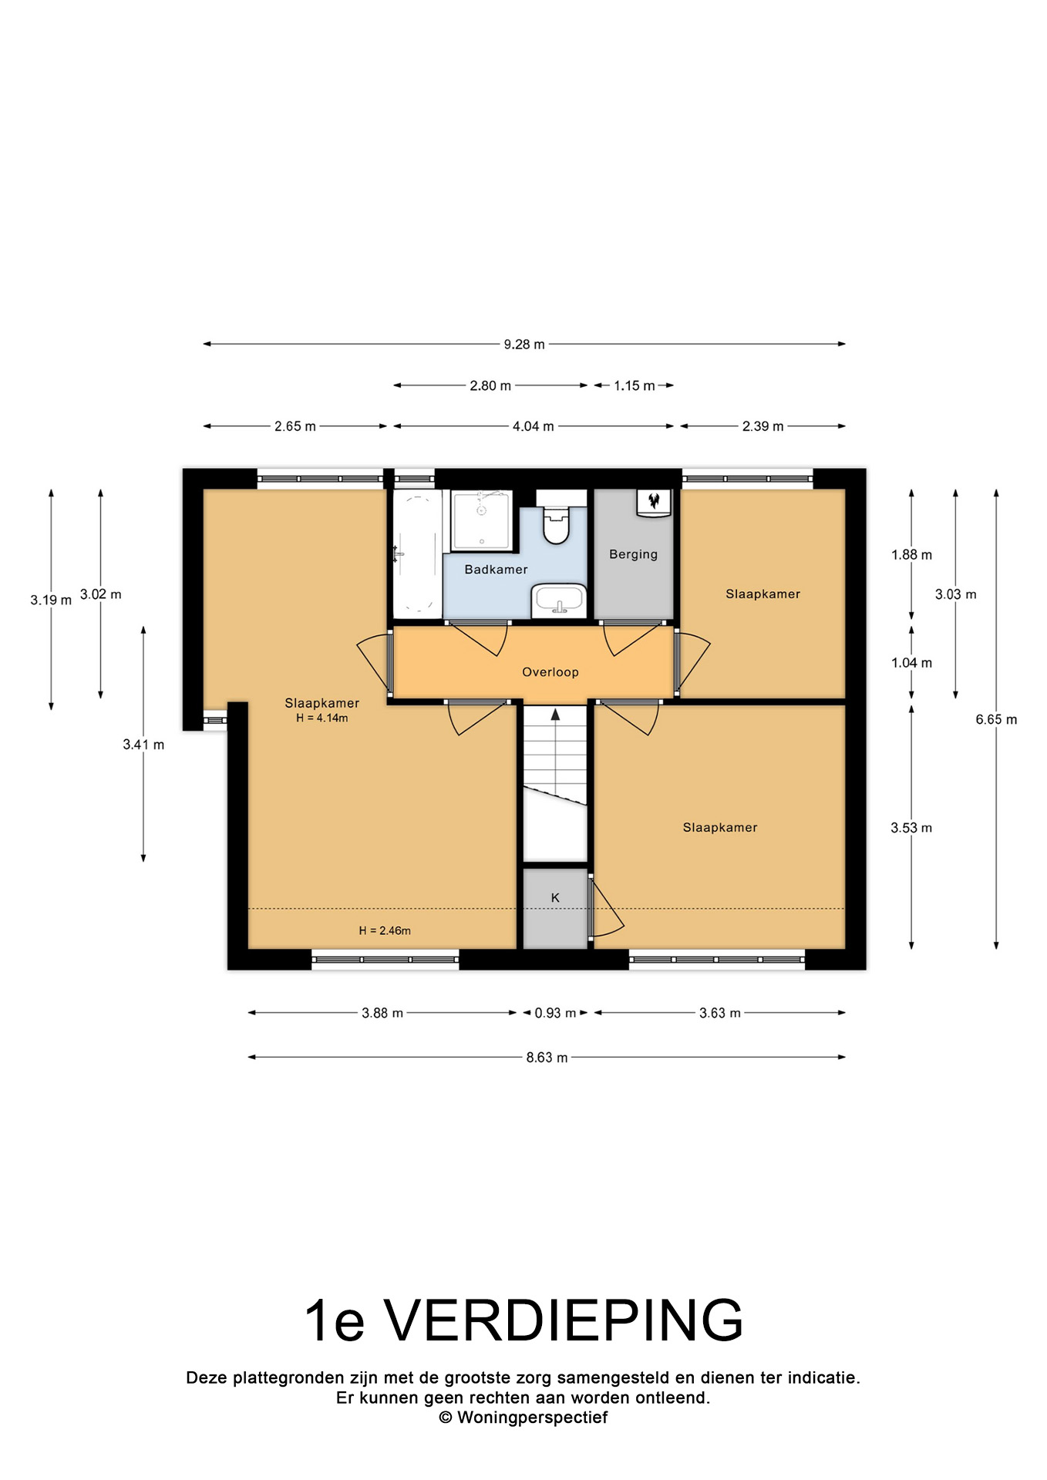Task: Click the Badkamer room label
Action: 496,570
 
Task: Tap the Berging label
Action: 633,554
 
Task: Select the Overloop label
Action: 550,672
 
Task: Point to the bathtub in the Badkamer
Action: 417,553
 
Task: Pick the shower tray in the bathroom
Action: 482,521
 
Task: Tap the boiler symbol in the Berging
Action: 654,503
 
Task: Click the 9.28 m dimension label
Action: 524,345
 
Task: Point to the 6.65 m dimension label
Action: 996,719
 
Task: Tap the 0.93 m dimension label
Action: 555,1013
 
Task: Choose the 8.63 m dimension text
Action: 547,1058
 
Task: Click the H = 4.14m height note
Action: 322,718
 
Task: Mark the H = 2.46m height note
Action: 385,930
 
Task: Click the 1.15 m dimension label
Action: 635,385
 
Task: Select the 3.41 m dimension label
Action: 143,745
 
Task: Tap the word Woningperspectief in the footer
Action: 532,1418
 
